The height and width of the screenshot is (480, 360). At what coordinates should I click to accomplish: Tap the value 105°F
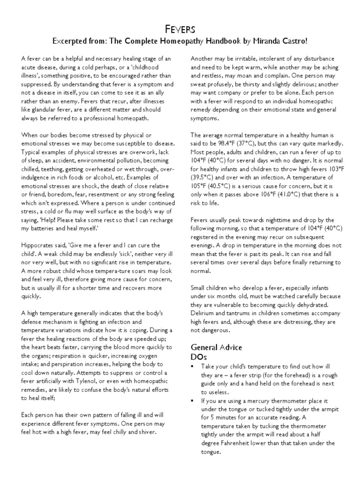tap(198, 186)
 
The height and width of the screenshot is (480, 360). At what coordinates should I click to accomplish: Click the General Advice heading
tap(216, 347)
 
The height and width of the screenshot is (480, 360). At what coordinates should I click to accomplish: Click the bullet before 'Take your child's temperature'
tap(193, 367)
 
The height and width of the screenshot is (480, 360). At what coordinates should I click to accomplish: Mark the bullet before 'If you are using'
tap(193, 401)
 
